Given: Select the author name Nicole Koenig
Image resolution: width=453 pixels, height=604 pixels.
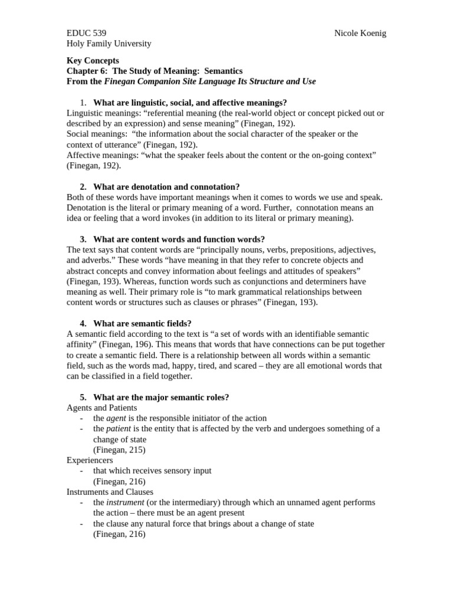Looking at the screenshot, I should click(360, 33).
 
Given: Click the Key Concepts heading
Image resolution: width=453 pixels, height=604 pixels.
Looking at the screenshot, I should click(93, 60).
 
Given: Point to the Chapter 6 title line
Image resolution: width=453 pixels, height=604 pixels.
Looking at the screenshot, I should click(154, 71).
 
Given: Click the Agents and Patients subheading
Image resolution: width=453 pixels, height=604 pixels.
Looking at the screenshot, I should click(101, 408).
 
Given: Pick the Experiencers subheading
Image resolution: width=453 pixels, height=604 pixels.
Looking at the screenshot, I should click(90, 460).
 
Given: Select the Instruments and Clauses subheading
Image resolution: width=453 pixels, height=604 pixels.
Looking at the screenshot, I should click(110, 492).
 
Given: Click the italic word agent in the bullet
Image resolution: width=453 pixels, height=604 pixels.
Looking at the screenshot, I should click(117, 418).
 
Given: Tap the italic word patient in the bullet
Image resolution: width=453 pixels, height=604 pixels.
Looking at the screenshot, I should click(119, 429).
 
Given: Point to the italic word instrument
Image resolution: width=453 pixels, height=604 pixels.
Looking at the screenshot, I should click(125, 503).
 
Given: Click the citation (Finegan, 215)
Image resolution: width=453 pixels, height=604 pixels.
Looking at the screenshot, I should click(119, 449).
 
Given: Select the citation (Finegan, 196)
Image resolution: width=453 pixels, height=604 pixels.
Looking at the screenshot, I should click(127, 344).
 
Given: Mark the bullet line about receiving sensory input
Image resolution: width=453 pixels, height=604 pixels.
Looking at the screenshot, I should click(152, 471).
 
